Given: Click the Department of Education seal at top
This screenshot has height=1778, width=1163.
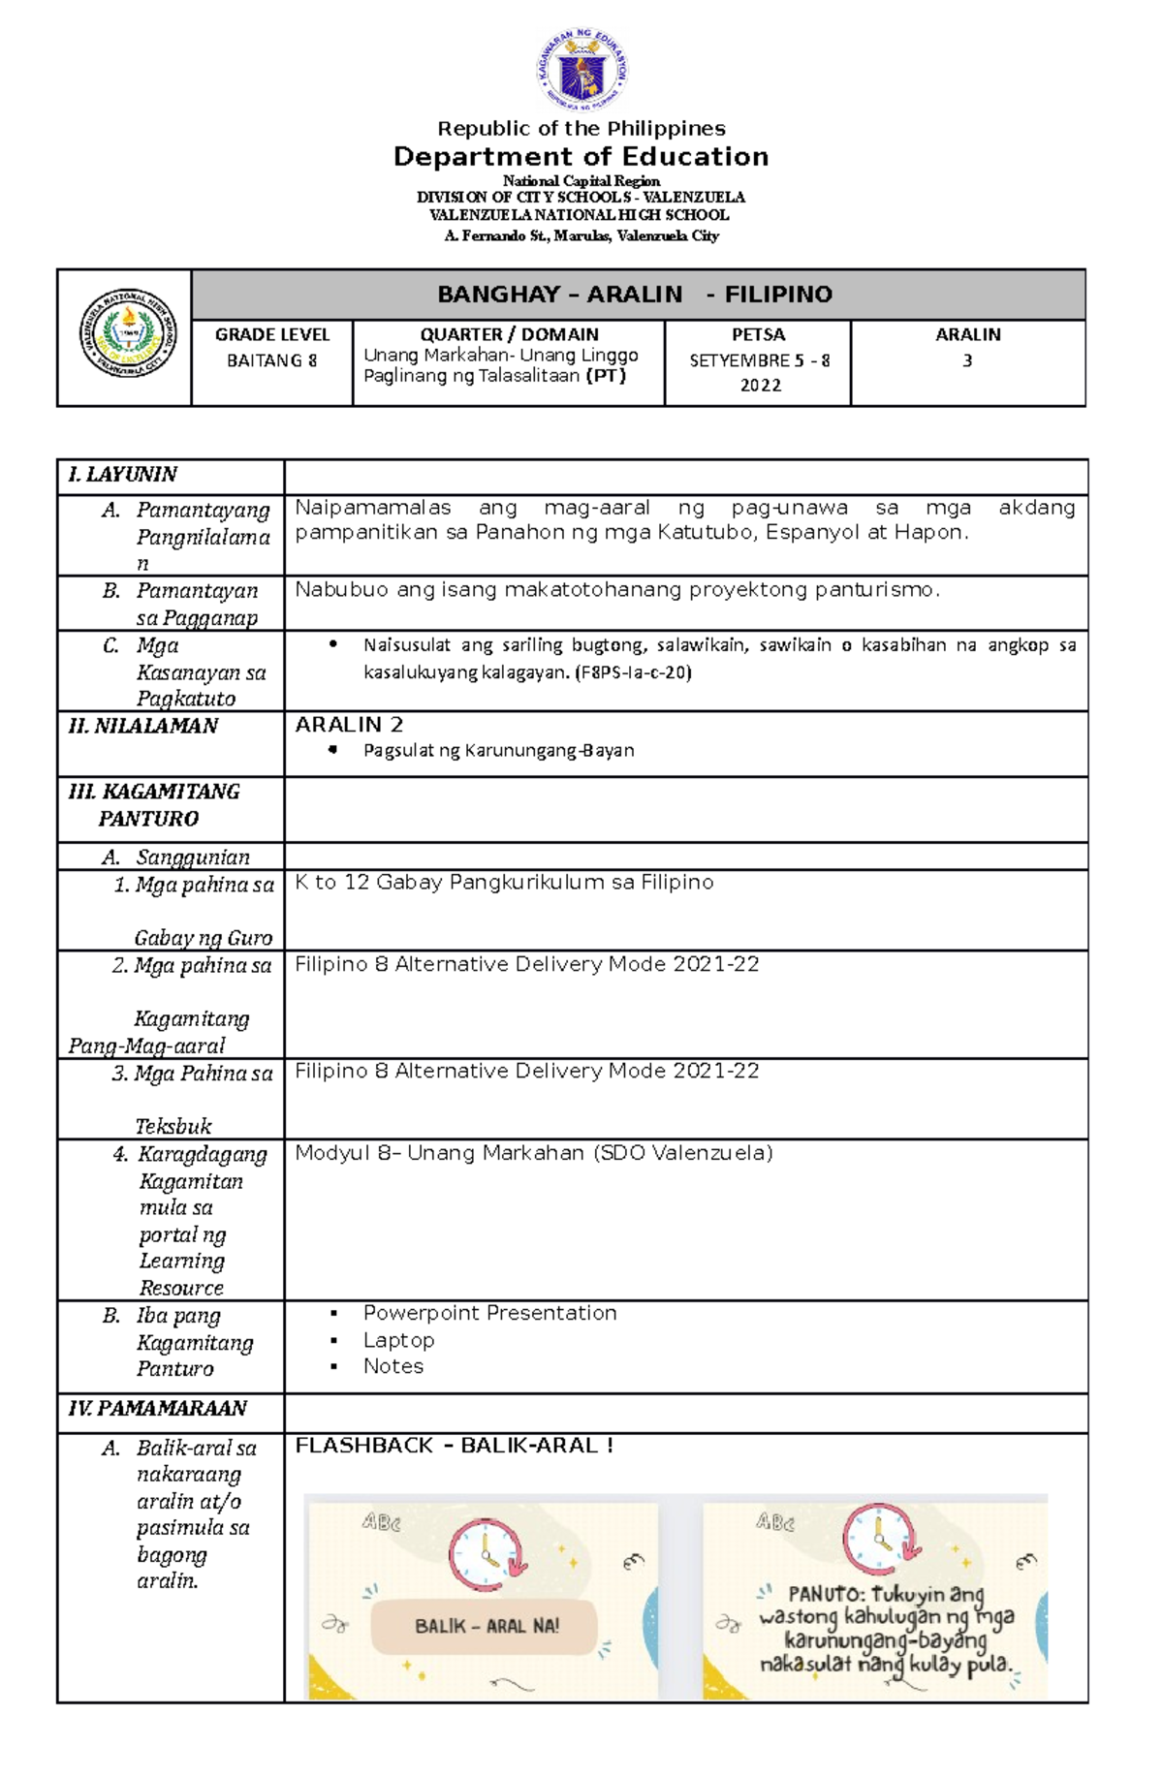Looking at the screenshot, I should coord(581,70).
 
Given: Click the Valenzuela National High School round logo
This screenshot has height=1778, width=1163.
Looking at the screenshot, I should coord(127,333).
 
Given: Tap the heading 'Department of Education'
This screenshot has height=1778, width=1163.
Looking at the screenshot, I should coord(581,157).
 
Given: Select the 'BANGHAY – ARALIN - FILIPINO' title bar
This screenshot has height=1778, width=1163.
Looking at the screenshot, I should coord(635,295).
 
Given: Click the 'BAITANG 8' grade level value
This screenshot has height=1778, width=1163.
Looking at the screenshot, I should coord(271,360).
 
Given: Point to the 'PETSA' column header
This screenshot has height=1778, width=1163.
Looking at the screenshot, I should coord(758,334).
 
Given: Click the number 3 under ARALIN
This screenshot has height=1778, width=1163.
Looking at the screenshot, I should coord(966,360).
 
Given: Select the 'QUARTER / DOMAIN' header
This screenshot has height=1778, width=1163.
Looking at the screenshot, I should coord(509,334).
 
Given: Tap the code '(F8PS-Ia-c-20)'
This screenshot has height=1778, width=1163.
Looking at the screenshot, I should coord(633,672).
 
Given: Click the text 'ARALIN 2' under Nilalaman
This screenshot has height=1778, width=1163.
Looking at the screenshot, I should coord(349,725).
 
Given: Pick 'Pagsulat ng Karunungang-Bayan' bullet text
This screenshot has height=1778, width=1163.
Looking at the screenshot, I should coord(498,750).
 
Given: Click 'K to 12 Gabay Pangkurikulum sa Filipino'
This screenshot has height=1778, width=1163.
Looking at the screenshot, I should coord(504,883).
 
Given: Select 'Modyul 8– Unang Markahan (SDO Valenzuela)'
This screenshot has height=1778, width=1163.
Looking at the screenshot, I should coord(533,1153).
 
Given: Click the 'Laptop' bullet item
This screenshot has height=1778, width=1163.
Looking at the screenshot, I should coord(398,1340).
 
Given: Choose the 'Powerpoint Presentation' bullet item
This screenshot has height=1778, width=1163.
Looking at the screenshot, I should coord(489,1313).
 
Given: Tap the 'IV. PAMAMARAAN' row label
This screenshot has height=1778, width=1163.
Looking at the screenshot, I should coord(157,1409).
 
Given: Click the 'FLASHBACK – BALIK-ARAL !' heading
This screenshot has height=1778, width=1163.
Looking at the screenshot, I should coord(454,1446).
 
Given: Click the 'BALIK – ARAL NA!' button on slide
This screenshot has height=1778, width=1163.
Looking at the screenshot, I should coord(486,1626).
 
